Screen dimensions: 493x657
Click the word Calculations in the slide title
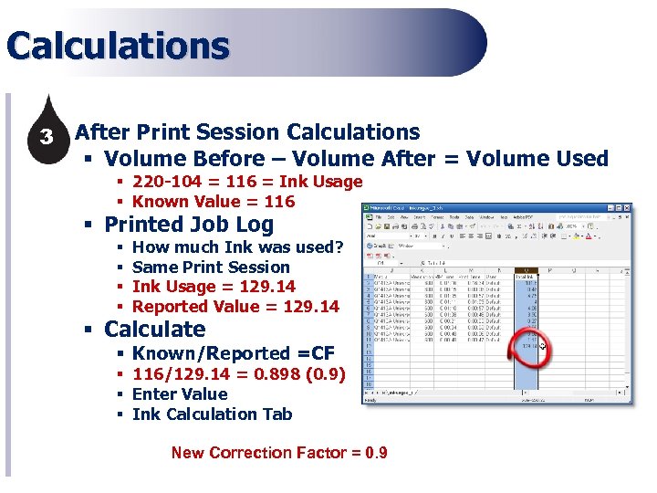coord(118,47)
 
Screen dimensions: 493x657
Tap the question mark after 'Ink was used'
coord(339,247)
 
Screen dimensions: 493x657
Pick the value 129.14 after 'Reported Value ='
coord(311,307)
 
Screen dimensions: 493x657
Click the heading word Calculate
coord(155,330)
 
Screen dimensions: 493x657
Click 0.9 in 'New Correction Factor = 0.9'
coord(375,453)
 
